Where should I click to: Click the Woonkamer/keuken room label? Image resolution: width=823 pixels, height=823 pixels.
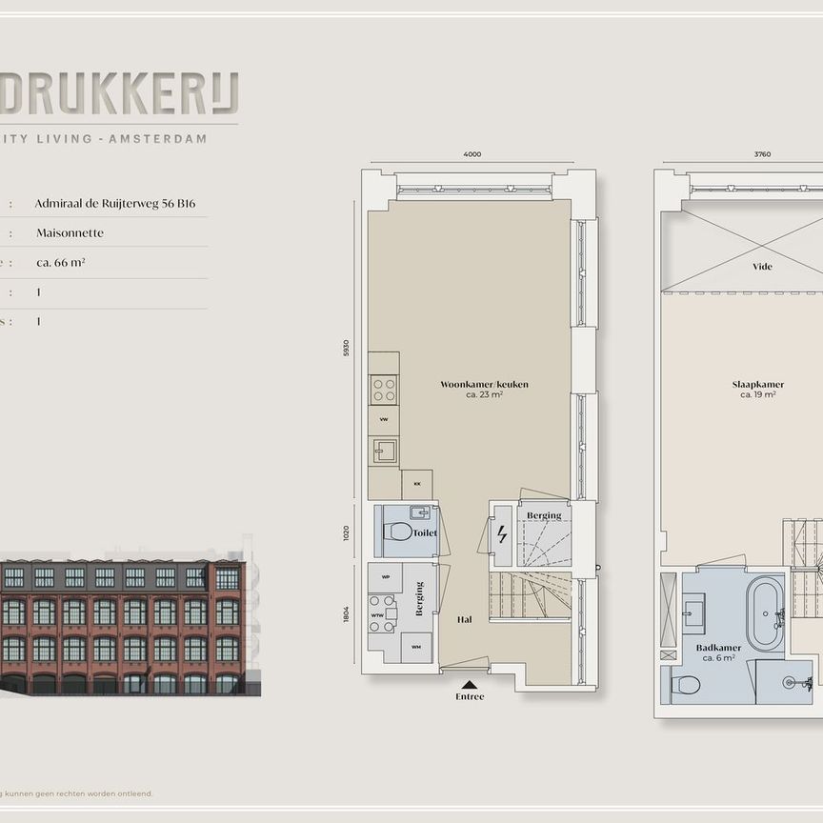tap(484, 385)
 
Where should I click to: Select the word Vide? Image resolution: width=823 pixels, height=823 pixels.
tap(761, 267)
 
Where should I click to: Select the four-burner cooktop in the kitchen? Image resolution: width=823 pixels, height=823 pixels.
tap(384, 390)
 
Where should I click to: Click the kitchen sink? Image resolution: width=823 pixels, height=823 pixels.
tap(385, 450)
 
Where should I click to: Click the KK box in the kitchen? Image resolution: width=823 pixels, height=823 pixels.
tap(416, 484)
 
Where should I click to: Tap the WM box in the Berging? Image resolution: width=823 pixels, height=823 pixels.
tap(415, 648)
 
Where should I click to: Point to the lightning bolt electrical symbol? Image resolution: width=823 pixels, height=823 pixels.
tap(502, 534)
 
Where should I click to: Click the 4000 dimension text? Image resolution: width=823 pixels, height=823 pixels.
tap(472, 154)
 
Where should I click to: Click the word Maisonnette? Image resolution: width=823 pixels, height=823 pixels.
tap(70, 232)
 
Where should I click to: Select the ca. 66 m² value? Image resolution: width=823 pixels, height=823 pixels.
tap(61, 262)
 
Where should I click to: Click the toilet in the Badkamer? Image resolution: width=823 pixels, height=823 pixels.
tap(686, 684)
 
